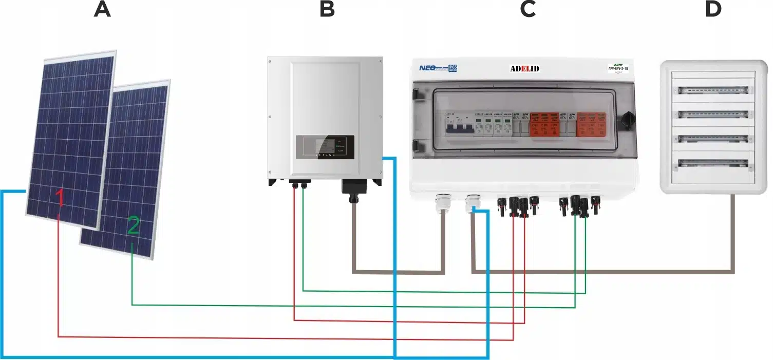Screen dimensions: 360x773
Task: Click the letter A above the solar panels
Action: click(x=102, y=10)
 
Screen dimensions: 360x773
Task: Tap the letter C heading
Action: click(x=527, y=10)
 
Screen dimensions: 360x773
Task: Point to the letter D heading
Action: click(x=713, y=10)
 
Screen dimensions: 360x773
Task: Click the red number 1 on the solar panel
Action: click(x=60, y=198)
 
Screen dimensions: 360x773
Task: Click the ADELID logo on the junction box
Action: click(x=524, y=68)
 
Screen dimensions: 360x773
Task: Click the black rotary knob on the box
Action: click(x=627, y=119)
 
